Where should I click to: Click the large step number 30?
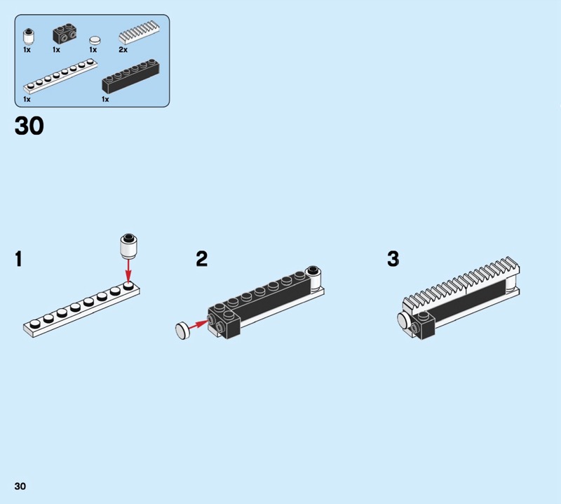[29, 126]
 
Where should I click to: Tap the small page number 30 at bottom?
[20, 486]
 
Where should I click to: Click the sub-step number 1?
[19, 258]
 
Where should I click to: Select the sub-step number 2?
[202, 258]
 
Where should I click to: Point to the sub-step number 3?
[393, 258]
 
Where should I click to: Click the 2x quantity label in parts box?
[123, 50]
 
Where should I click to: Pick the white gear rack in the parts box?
[139, 32]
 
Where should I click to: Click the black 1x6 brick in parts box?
[130, 76]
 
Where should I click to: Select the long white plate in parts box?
[60, 76]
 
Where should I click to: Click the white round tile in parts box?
[95, 40]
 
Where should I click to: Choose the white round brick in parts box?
[29, 37]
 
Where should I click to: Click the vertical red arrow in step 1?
[128, 270]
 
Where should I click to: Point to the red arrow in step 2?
[197, 324]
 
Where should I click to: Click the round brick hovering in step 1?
[129, 246]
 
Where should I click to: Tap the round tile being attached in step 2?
[182, 331]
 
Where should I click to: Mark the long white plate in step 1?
[81, 309]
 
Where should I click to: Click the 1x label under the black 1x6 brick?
[105, 99]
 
